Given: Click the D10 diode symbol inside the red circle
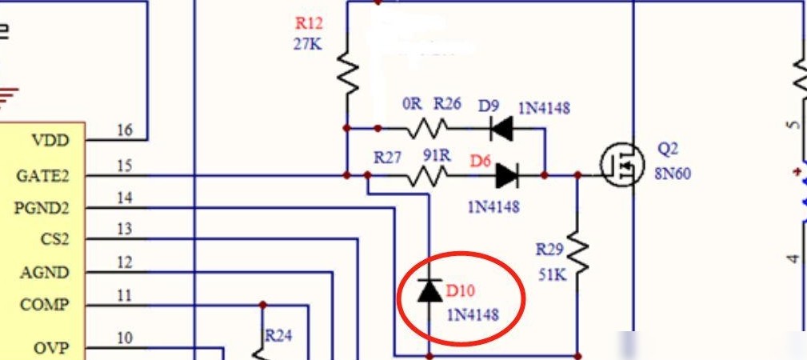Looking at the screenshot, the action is [x=429, y=291].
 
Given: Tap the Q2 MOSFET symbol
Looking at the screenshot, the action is [x=622, y=165].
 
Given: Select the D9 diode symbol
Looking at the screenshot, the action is [x=501, y=128].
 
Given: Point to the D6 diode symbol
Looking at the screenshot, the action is [x=506, y=176].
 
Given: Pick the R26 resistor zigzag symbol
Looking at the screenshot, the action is [x=427, y=128].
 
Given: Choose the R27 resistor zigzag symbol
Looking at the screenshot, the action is [x=427, y=176].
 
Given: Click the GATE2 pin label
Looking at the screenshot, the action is [x=42, y=176].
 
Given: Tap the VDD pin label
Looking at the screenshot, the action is [x=50, y=140].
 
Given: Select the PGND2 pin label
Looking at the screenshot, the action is [x=41, y=208].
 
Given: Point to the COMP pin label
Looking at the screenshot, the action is [x=44, y=305].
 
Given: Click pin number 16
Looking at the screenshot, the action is [x=125, y=130].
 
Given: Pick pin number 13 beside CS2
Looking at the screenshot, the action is [x=125, y=229].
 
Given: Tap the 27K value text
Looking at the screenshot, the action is [x=308, y=44].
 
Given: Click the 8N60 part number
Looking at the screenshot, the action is [x=673, y=174].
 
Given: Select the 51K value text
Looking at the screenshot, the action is [x=553, y=274].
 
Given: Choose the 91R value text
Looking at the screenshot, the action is [x=437, y=155].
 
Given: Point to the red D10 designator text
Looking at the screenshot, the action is [x=460, y=291].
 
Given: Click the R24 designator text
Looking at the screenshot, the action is [x=278, y=336].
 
